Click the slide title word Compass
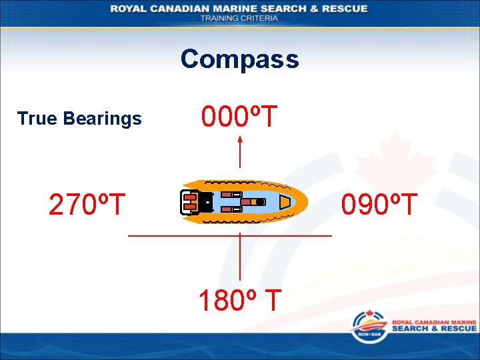point(239,59)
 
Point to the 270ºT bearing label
point(87,205)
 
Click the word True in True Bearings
point(37,119)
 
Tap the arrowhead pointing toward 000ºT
point(240,139)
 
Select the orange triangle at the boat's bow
point(285,201)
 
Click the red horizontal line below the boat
point(229,236)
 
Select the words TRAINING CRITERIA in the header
point(239,18)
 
